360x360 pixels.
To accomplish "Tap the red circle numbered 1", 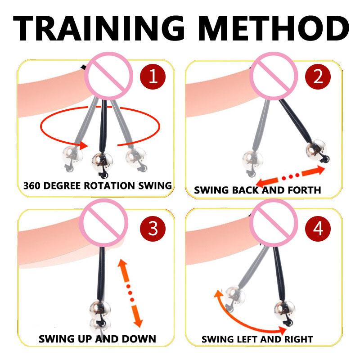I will tap(153, 76).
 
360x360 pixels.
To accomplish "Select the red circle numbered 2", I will tap(318, 76).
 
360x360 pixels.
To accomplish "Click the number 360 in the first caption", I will tap(34, 185).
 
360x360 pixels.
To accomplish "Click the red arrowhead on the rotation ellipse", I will tap(82, 145).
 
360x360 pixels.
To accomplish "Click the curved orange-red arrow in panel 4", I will tap(243, 319).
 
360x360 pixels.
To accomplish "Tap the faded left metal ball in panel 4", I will tap(235, 295).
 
